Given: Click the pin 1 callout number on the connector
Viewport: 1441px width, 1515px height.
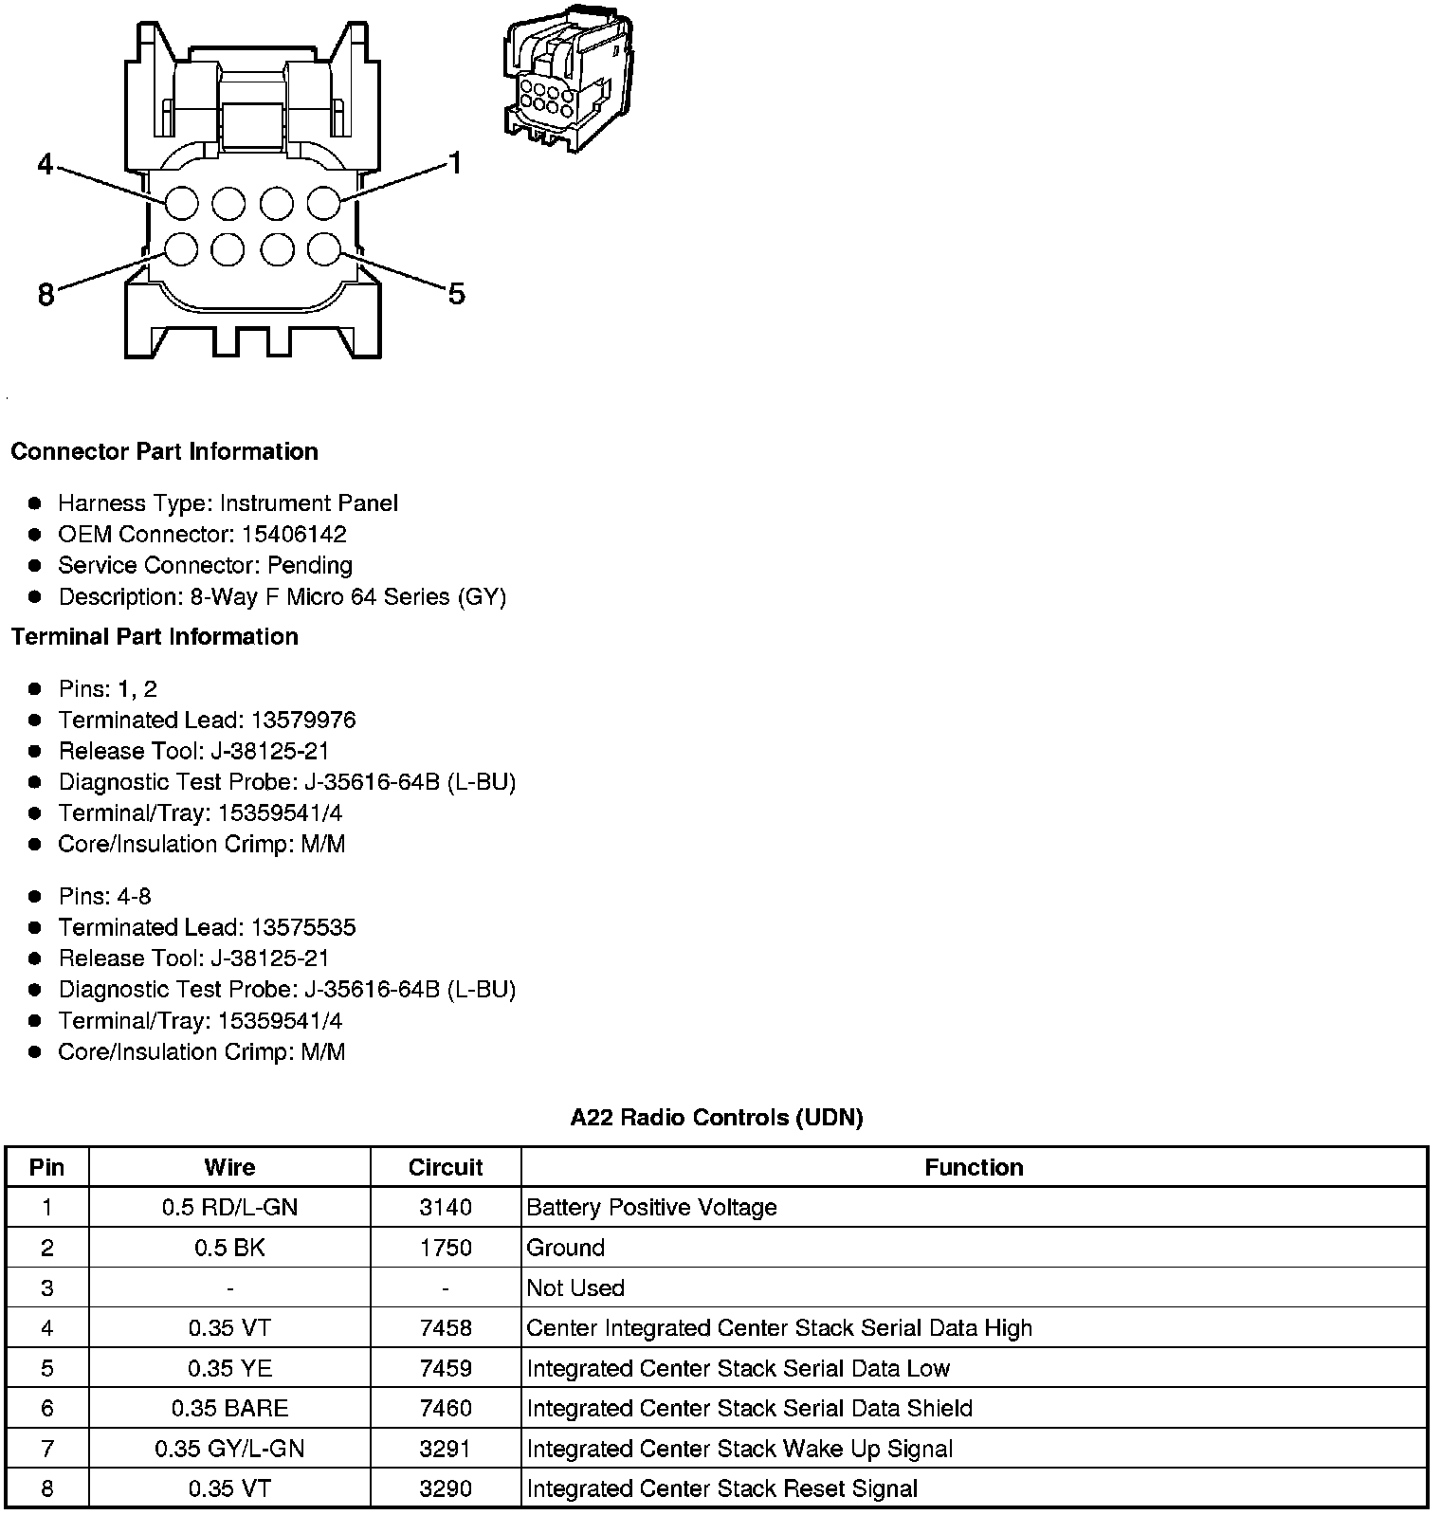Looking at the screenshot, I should click(455, 164).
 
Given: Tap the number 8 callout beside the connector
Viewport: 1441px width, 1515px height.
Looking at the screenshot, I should click(46, 295).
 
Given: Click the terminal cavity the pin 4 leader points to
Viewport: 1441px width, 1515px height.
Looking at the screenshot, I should click(181, 203).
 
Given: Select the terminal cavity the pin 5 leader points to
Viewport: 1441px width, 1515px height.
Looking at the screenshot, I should click(324, 249).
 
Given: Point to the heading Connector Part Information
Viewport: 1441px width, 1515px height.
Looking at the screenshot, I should click(164, 451).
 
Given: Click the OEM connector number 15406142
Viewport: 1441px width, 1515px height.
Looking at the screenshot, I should click(294, 534).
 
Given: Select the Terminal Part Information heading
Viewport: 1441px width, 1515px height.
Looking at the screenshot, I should click(155, 636).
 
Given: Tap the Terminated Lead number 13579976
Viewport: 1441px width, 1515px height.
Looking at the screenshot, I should click(303, 720).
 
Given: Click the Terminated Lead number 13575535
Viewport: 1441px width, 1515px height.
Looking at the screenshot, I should click(303, 927).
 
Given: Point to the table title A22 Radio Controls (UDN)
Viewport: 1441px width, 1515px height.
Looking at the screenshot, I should click(717, 1118).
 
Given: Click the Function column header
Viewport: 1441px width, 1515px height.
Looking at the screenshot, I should click(974, 1167).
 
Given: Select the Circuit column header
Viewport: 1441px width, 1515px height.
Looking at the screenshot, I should click(446, 1167).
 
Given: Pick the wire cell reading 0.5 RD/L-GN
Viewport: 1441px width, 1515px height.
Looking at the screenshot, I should click(229, 1207).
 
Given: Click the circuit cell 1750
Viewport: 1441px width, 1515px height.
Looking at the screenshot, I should click(446, 1248).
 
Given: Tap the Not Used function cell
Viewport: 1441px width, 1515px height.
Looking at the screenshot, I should click(575, 1287).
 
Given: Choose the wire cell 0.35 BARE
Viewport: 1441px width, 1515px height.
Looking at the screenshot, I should click(229, 1408).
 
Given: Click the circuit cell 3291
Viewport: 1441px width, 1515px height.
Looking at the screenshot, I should click(446, 1449).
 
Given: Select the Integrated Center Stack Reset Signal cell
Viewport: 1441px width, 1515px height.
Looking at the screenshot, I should click(722, 1488).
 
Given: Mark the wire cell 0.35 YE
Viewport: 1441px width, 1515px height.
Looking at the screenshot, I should click(229, 1368).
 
